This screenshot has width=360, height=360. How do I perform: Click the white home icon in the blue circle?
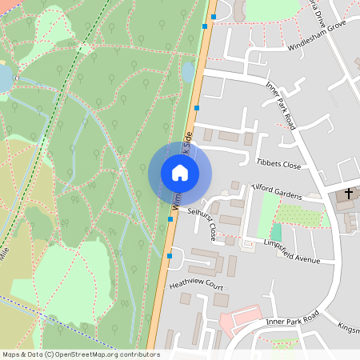[x=180, y=172]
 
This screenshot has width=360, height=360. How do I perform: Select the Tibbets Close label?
[x=278, y=165]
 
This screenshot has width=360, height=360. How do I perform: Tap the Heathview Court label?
[x=195, y=284]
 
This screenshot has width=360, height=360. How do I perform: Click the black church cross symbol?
[x=349, y=194]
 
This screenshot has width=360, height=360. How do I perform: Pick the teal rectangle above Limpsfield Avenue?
[x=275, y=233]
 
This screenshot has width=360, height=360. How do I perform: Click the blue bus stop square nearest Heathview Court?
[x=169, y=256]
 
